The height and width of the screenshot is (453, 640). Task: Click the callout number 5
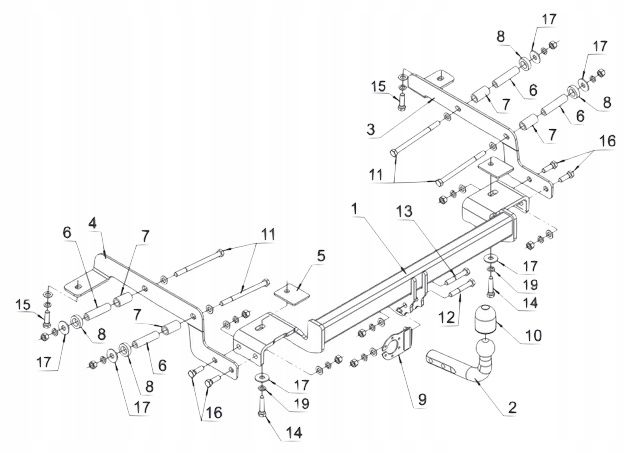[x=320, y=256]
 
